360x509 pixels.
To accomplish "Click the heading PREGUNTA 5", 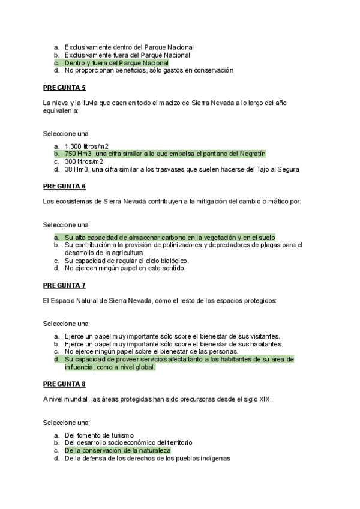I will [x=64, y=88].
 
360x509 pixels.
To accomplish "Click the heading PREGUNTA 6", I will [x=64, y=187].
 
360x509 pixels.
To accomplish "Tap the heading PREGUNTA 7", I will [x=64, y=285].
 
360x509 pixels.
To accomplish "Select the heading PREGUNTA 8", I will [x=64, y=384].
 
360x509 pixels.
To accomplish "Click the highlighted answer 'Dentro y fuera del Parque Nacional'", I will [x=116, y=62].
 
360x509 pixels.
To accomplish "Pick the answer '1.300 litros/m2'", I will [x=87, y=146].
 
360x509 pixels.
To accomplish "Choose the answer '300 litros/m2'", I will [x=84, y=161].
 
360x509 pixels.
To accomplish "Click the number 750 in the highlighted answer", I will [x=70, y=154].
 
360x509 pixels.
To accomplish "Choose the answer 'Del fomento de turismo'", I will [x=99, y=435].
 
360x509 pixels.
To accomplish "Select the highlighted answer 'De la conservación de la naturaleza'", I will [x=118, y=450].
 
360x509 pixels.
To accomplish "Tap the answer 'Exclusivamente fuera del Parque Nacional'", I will [x=127, y=55].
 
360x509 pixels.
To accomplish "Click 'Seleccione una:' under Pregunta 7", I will [x=67, y=323].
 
